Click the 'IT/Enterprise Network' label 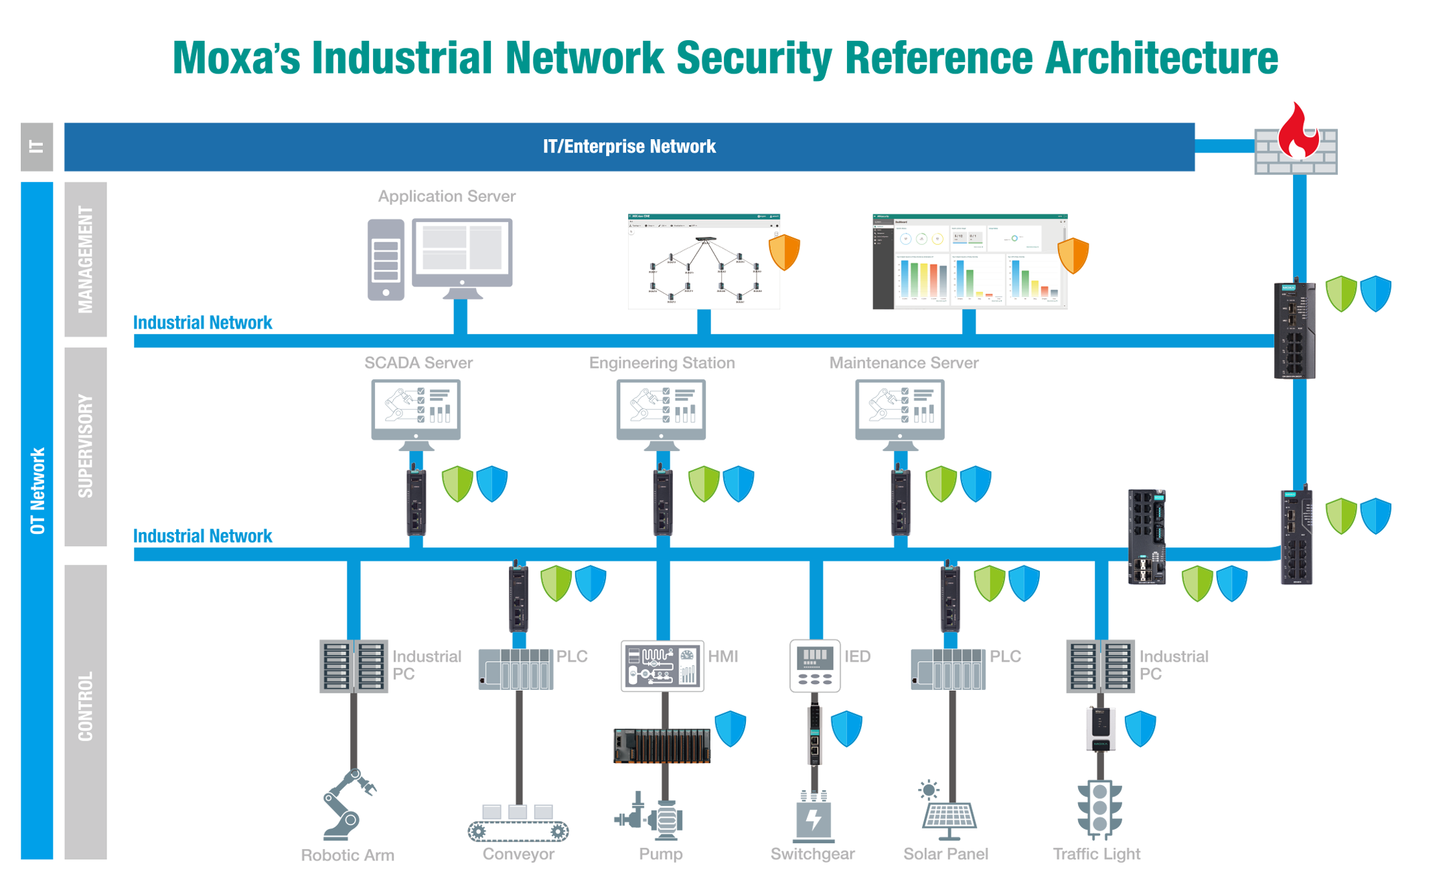629,147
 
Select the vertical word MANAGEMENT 86,260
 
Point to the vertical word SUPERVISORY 86,446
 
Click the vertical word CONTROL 86,707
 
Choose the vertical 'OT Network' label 38,491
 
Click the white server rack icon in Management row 386,262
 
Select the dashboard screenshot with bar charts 978,268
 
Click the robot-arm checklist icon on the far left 416,406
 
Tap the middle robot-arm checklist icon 661,406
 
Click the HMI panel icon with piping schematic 662,665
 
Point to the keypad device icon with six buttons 815,665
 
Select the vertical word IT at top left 37,147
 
